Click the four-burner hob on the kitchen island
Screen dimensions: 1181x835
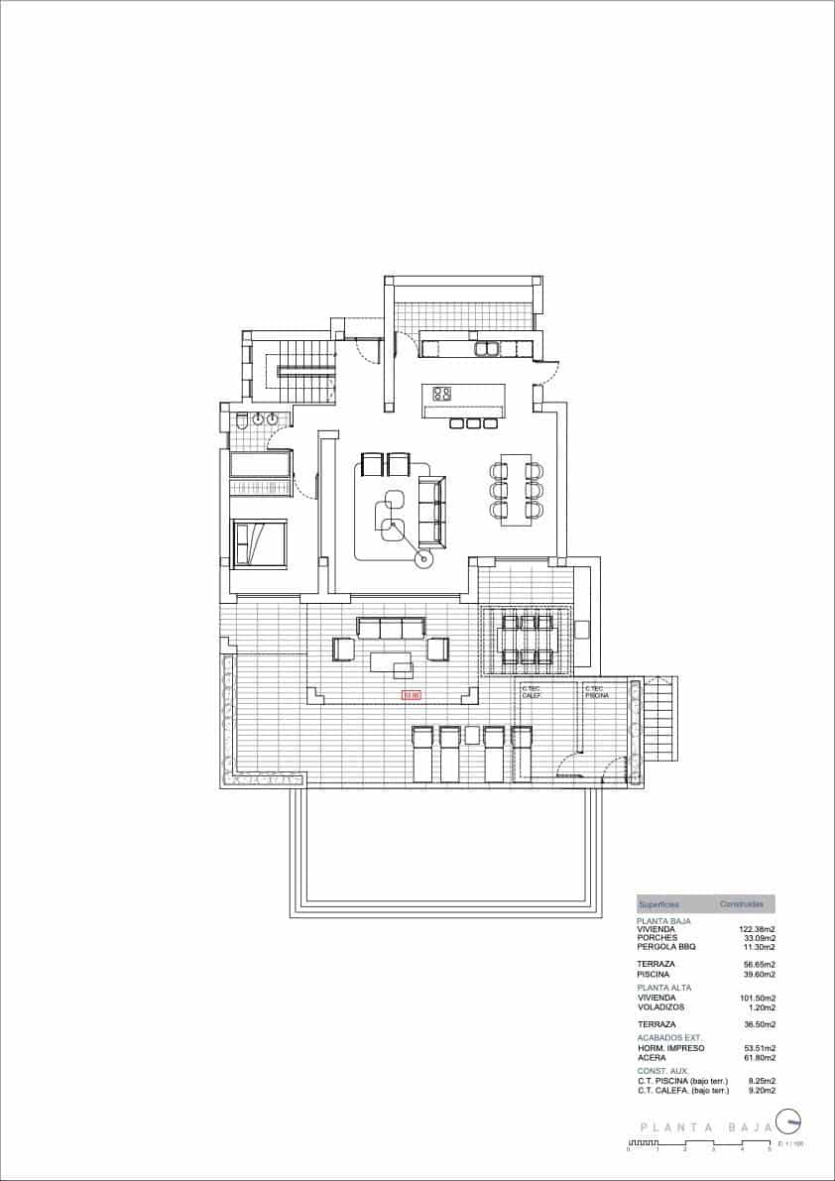(443, 394)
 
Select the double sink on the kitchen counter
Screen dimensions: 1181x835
(487, 348)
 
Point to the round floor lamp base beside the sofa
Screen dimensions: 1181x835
(425, 560)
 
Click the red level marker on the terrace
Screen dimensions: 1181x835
(411, 695)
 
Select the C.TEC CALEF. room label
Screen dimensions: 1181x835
(532, 692)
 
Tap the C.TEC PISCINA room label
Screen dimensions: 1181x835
(596, 692)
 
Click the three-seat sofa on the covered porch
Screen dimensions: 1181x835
(391, 628)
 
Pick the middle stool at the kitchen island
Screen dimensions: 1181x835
(473, 424)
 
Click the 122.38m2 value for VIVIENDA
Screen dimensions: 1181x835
(757, 929)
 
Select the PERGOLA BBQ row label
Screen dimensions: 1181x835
(666, 947)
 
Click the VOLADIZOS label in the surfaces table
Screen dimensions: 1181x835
(660, 1007)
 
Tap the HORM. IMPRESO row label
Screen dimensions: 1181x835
(671, 1047)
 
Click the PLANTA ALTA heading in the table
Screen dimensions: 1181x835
(664, 988)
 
